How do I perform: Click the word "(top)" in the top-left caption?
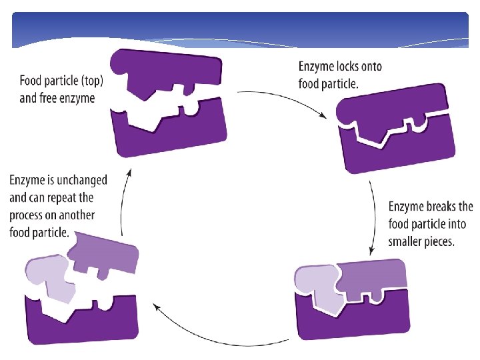click(x=92, y=81)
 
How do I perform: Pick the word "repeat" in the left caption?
click(x=62, y=198)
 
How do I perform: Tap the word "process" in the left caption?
click(x=25, y=216)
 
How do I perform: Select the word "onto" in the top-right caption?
click(x=371, y=67)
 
